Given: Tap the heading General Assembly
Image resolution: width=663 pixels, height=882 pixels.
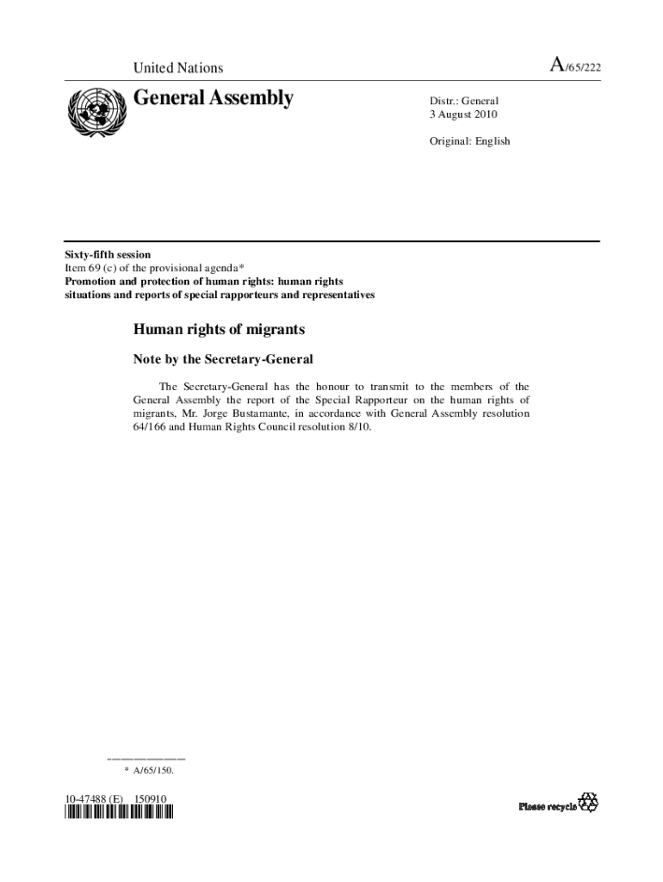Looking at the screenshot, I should coord(213,99).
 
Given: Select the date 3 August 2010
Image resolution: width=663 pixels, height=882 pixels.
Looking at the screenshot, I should coord(464,115).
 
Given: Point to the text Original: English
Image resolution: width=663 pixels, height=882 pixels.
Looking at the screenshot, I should coord(470,140).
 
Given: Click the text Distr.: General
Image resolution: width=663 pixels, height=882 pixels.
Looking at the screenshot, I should coord(464,101).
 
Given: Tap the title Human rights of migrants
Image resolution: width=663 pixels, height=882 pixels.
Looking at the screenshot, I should coord(219,330).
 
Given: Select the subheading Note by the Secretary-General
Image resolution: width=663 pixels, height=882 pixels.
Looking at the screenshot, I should coord(222,358).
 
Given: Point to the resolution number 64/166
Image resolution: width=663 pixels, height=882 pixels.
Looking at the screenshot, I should coord(147,427).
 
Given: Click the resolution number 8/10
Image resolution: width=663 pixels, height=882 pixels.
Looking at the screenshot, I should coord(359,427).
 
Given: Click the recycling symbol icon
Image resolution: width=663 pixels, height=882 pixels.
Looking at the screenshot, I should coord(588,803).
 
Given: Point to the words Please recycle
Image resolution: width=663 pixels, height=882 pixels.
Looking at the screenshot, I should coord(547,806).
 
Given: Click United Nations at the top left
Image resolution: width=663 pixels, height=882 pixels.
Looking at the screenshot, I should coord(177,68).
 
